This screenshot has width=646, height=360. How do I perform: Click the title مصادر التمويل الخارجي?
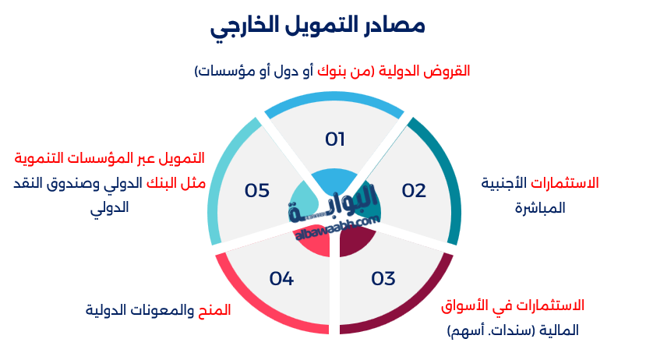coord(318,25)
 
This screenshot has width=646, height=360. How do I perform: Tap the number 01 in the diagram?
coord(335,139)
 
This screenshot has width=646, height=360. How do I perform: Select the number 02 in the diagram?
coord(414,191)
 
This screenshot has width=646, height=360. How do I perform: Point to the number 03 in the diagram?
coord(383,278)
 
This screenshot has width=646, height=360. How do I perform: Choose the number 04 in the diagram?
coord(281,278)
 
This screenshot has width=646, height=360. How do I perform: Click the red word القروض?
coord(450,71)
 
